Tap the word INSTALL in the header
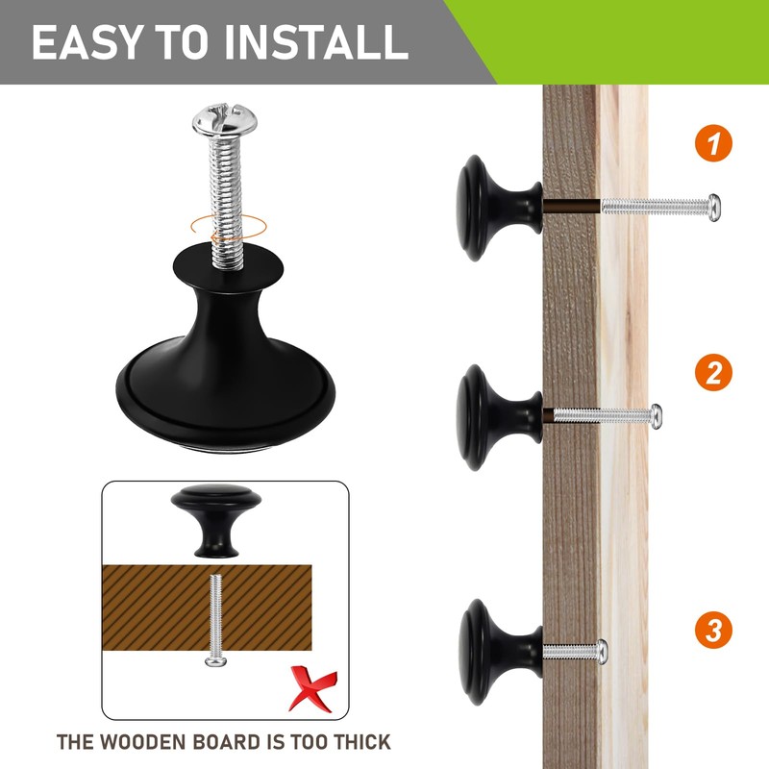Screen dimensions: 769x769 click(316, 42)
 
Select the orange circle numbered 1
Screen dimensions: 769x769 click(713, 143)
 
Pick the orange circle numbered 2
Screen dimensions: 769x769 click(713, 372)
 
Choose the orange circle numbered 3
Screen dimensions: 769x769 click(713, 630)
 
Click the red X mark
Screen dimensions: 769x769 click(312, 687)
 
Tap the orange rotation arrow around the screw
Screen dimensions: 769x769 click(229, 228)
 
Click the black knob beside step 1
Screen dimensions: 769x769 click(500, 208)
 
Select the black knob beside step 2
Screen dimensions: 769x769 click(500, 417)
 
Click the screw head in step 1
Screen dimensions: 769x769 click(714, 208)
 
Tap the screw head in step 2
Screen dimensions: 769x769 click(656, 416)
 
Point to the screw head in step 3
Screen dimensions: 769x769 click(602, 652)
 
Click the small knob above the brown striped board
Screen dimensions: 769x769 click(216, 520)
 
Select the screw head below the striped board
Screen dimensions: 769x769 click(215, 661)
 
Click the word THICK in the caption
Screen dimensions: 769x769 click(361, 742)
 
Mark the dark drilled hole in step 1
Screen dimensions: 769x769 click(572, 206)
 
